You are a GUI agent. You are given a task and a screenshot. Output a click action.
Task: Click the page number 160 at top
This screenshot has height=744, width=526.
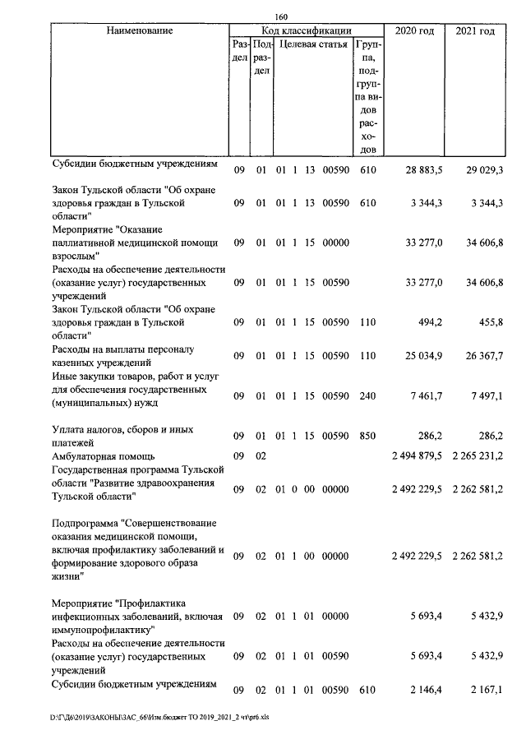click(x=282, y=16)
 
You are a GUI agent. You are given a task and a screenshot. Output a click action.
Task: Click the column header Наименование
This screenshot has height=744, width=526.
click(x=140, y=31)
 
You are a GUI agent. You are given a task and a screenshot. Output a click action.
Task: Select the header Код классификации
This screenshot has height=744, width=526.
click(x=306, y=31)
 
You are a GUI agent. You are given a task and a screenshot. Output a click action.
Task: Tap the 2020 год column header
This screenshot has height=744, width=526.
click(x=414, y=31)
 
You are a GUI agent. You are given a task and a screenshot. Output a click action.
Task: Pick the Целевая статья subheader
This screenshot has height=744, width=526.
click(x=313, y=44)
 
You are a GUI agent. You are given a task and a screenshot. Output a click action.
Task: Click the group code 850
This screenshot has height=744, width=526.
click(x=367, y=436)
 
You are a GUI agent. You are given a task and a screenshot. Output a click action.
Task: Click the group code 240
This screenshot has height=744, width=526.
click(x=367, y=396)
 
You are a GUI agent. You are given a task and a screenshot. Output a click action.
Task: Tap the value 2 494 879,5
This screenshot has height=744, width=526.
click(x=417, y=455)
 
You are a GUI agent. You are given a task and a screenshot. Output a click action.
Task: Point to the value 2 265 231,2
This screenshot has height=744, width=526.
click(x=478, y=455)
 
